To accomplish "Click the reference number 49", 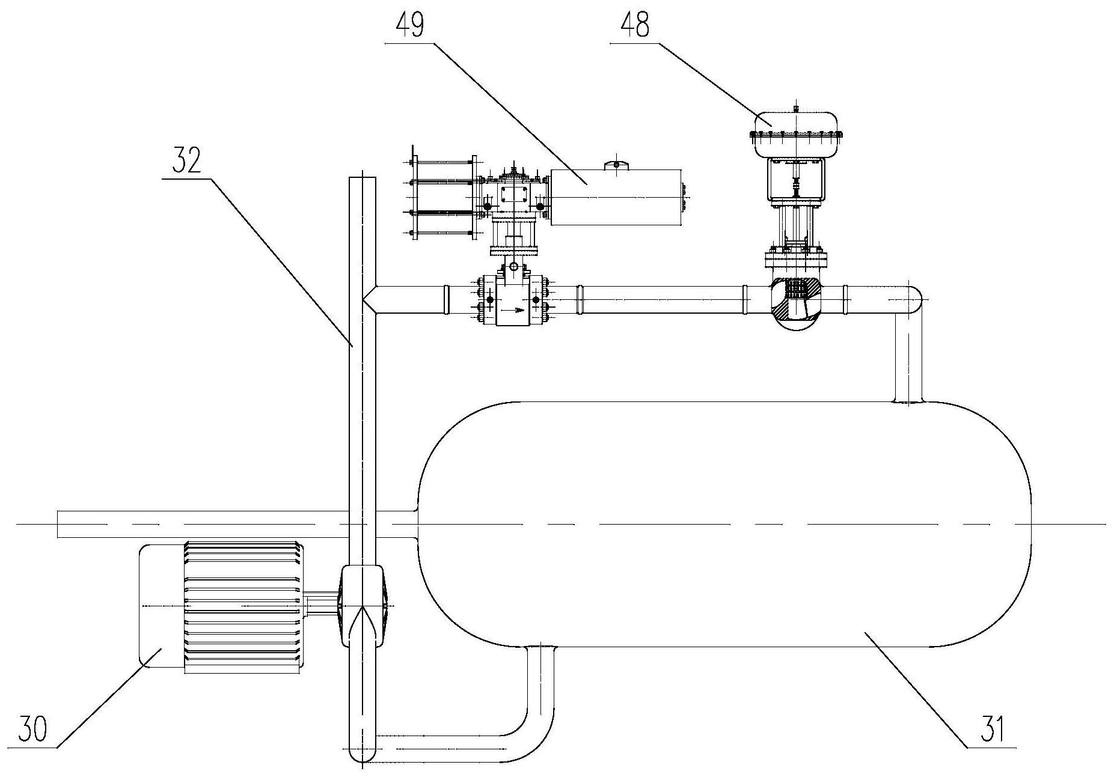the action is point(409,26).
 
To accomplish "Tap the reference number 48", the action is point(634,26).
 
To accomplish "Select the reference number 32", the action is point(186,161).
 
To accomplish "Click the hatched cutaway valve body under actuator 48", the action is point(795,303).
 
